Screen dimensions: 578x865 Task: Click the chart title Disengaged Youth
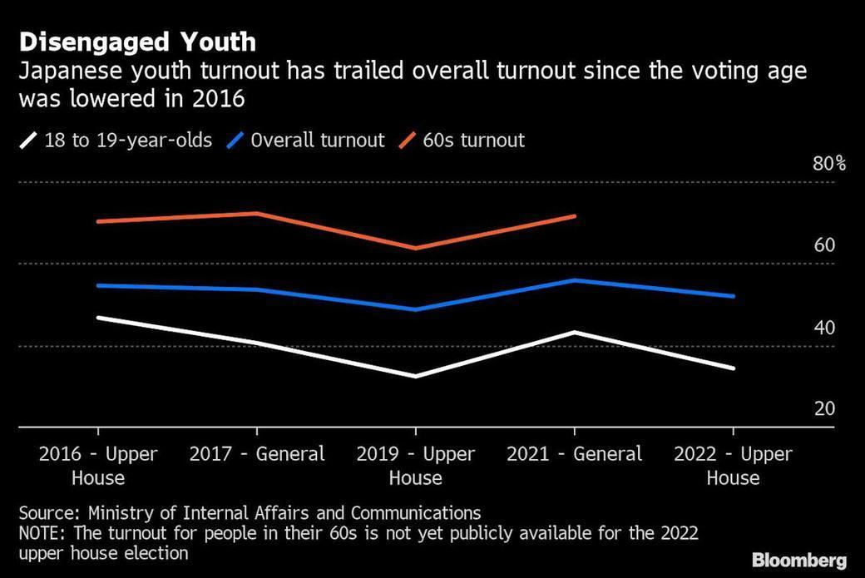pos(137,42)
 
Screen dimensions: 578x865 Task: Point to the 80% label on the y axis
pos(828,163)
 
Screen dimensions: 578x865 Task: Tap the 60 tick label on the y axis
pos(823,245)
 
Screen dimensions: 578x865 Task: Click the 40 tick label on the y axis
pos(823,327)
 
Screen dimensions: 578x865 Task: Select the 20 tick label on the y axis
pos(823,408)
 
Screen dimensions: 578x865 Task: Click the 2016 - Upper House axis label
pos(98,466)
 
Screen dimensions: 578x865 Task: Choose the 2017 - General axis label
pos(257,454)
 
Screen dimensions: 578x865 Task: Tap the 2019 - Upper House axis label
pos(416,466)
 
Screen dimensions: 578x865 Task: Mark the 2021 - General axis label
pos(575,454)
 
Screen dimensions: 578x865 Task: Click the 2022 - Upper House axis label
pos(733,466)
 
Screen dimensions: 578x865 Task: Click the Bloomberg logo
pos(798,560)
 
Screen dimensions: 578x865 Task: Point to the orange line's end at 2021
pos(575,216)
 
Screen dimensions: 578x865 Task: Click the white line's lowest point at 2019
pos(416,376)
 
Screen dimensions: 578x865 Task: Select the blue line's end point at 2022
pos(733,296)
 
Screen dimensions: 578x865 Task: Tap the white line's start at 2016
pos(98,318)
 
